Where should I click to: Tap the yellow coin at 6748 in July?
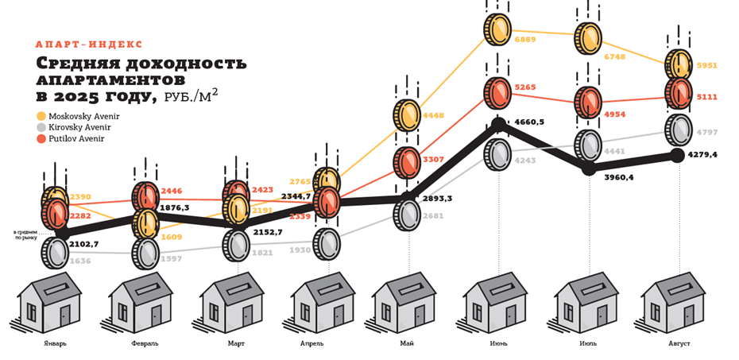(589, 37)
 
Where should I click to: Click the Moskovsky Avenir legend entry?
(83, 116)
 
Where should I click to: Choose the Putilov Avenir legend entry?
(76, 138)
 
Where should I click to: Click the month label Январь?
(56, 343)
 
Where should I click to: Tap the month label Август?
(679, 343)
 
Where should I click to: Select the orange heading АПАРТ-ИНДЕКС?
(89, 45)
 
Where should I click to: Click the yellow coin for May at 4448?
(407, 116)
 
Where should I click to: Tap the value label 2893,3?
(439, 199)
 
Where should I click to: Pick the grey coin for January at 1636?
(56, 253)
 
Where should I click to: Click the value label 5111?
(706, 97)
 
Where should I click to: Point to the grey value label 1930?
(300, 250)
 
